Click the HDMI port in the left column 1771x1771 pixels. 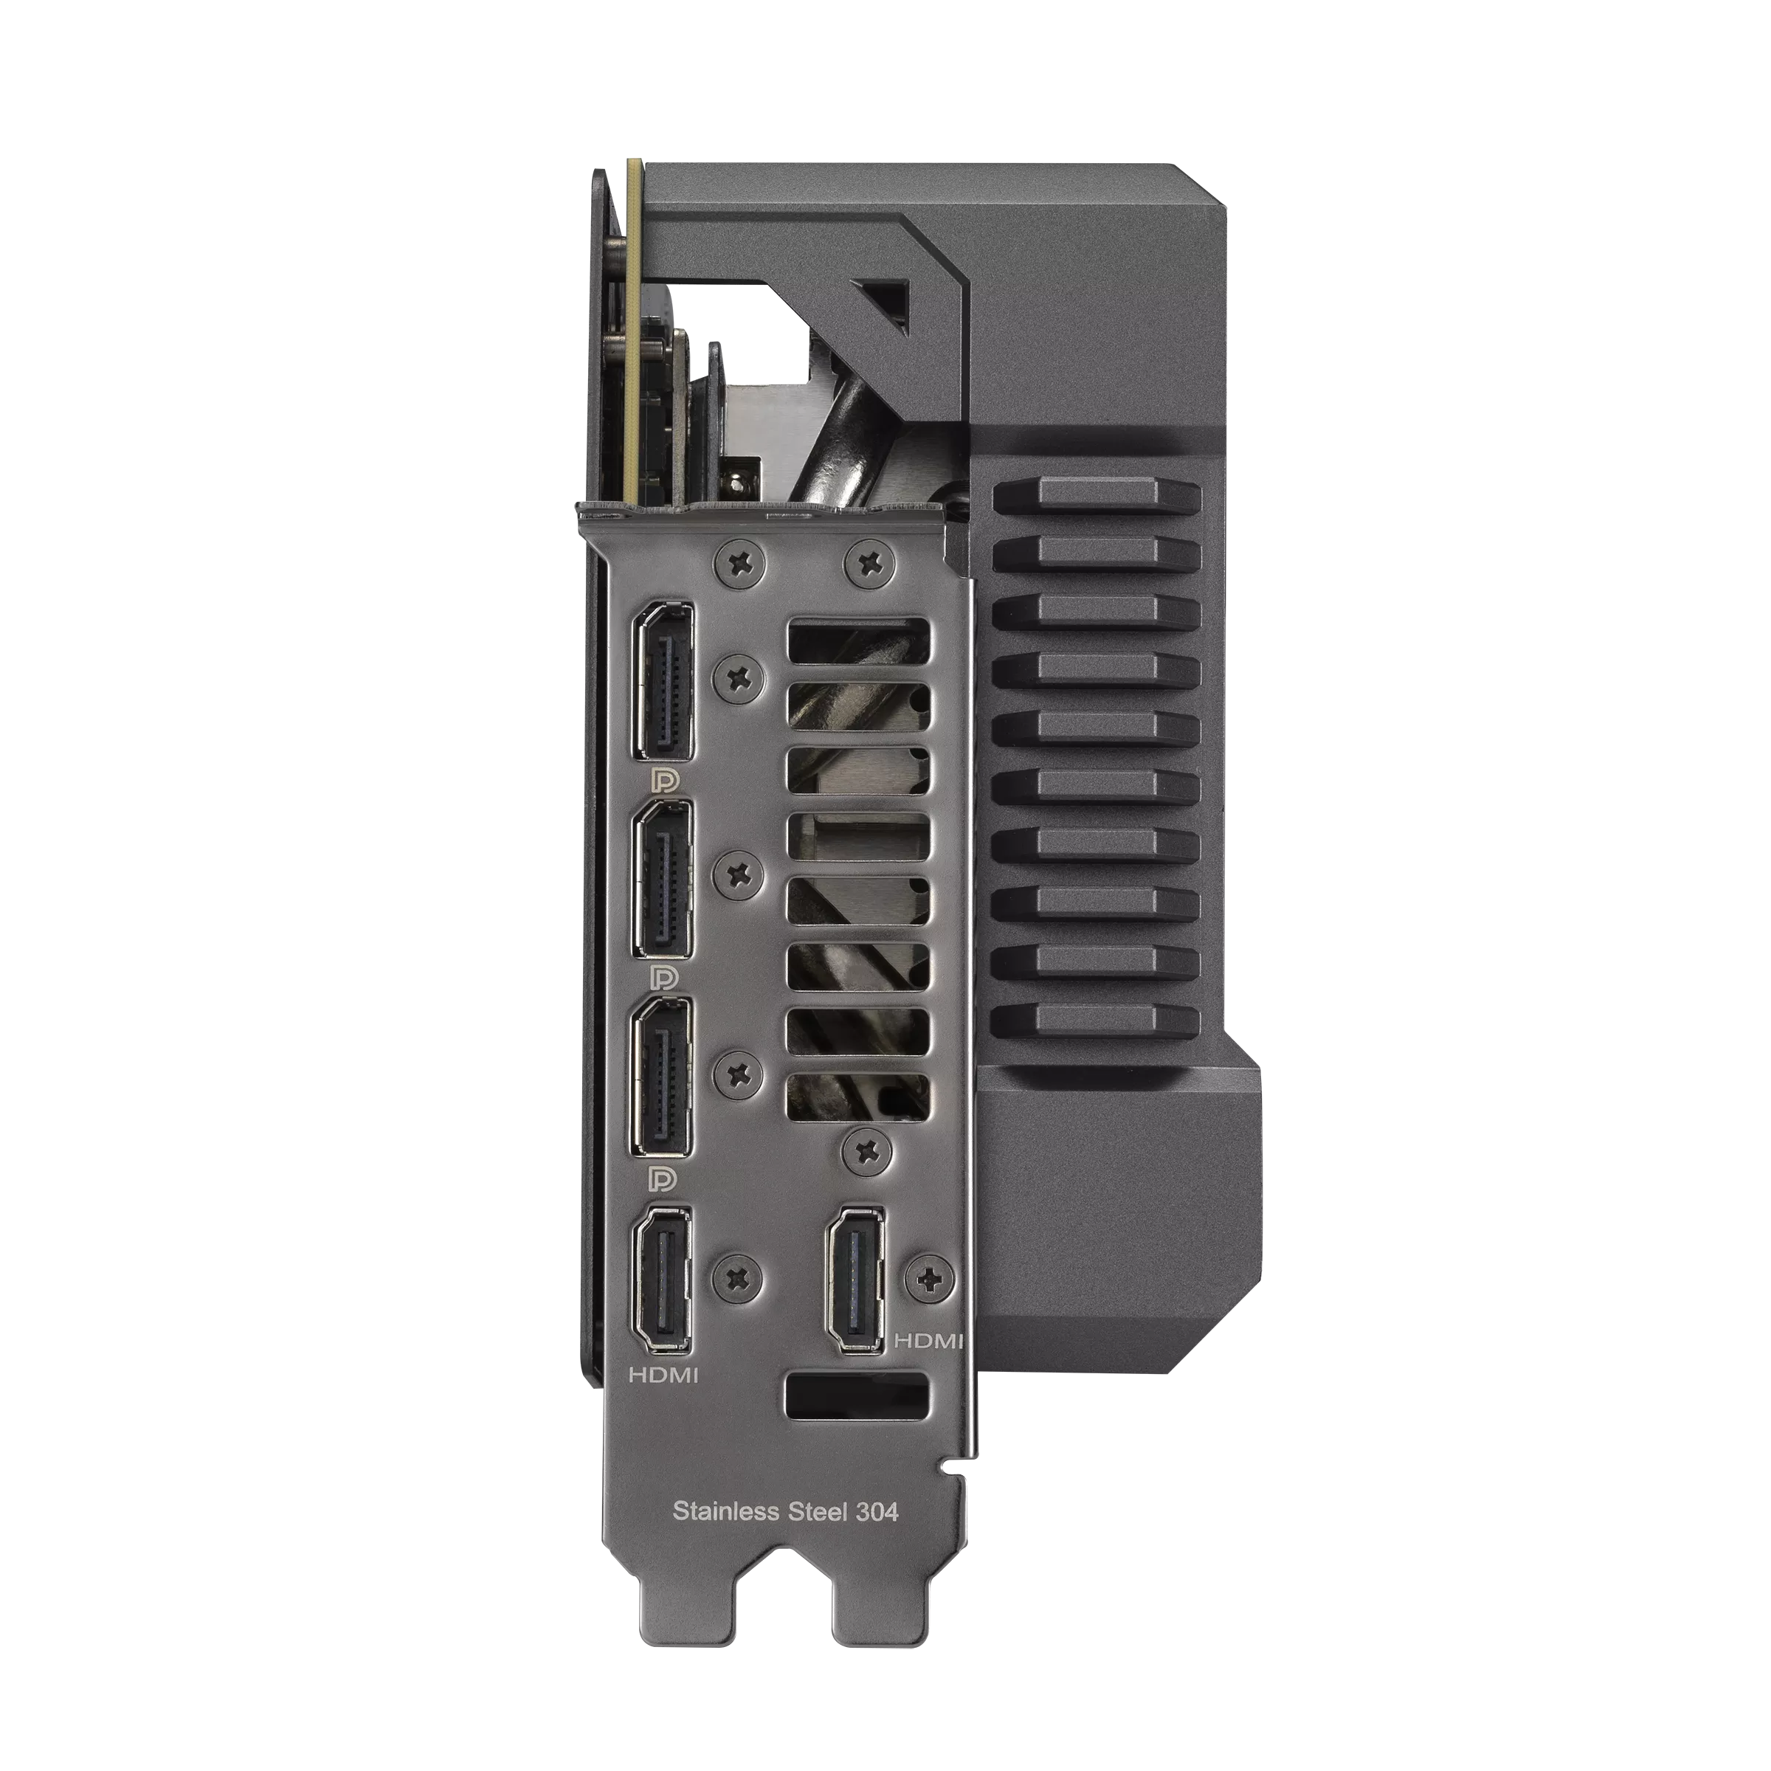pyautogui.click(x=660, y=1280)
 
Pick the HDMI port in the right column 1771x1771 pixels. pyautogui.click(x=856, y=1280)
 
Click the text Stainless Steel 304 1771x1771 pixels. pyautogui.click(x=786, y=1511)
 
